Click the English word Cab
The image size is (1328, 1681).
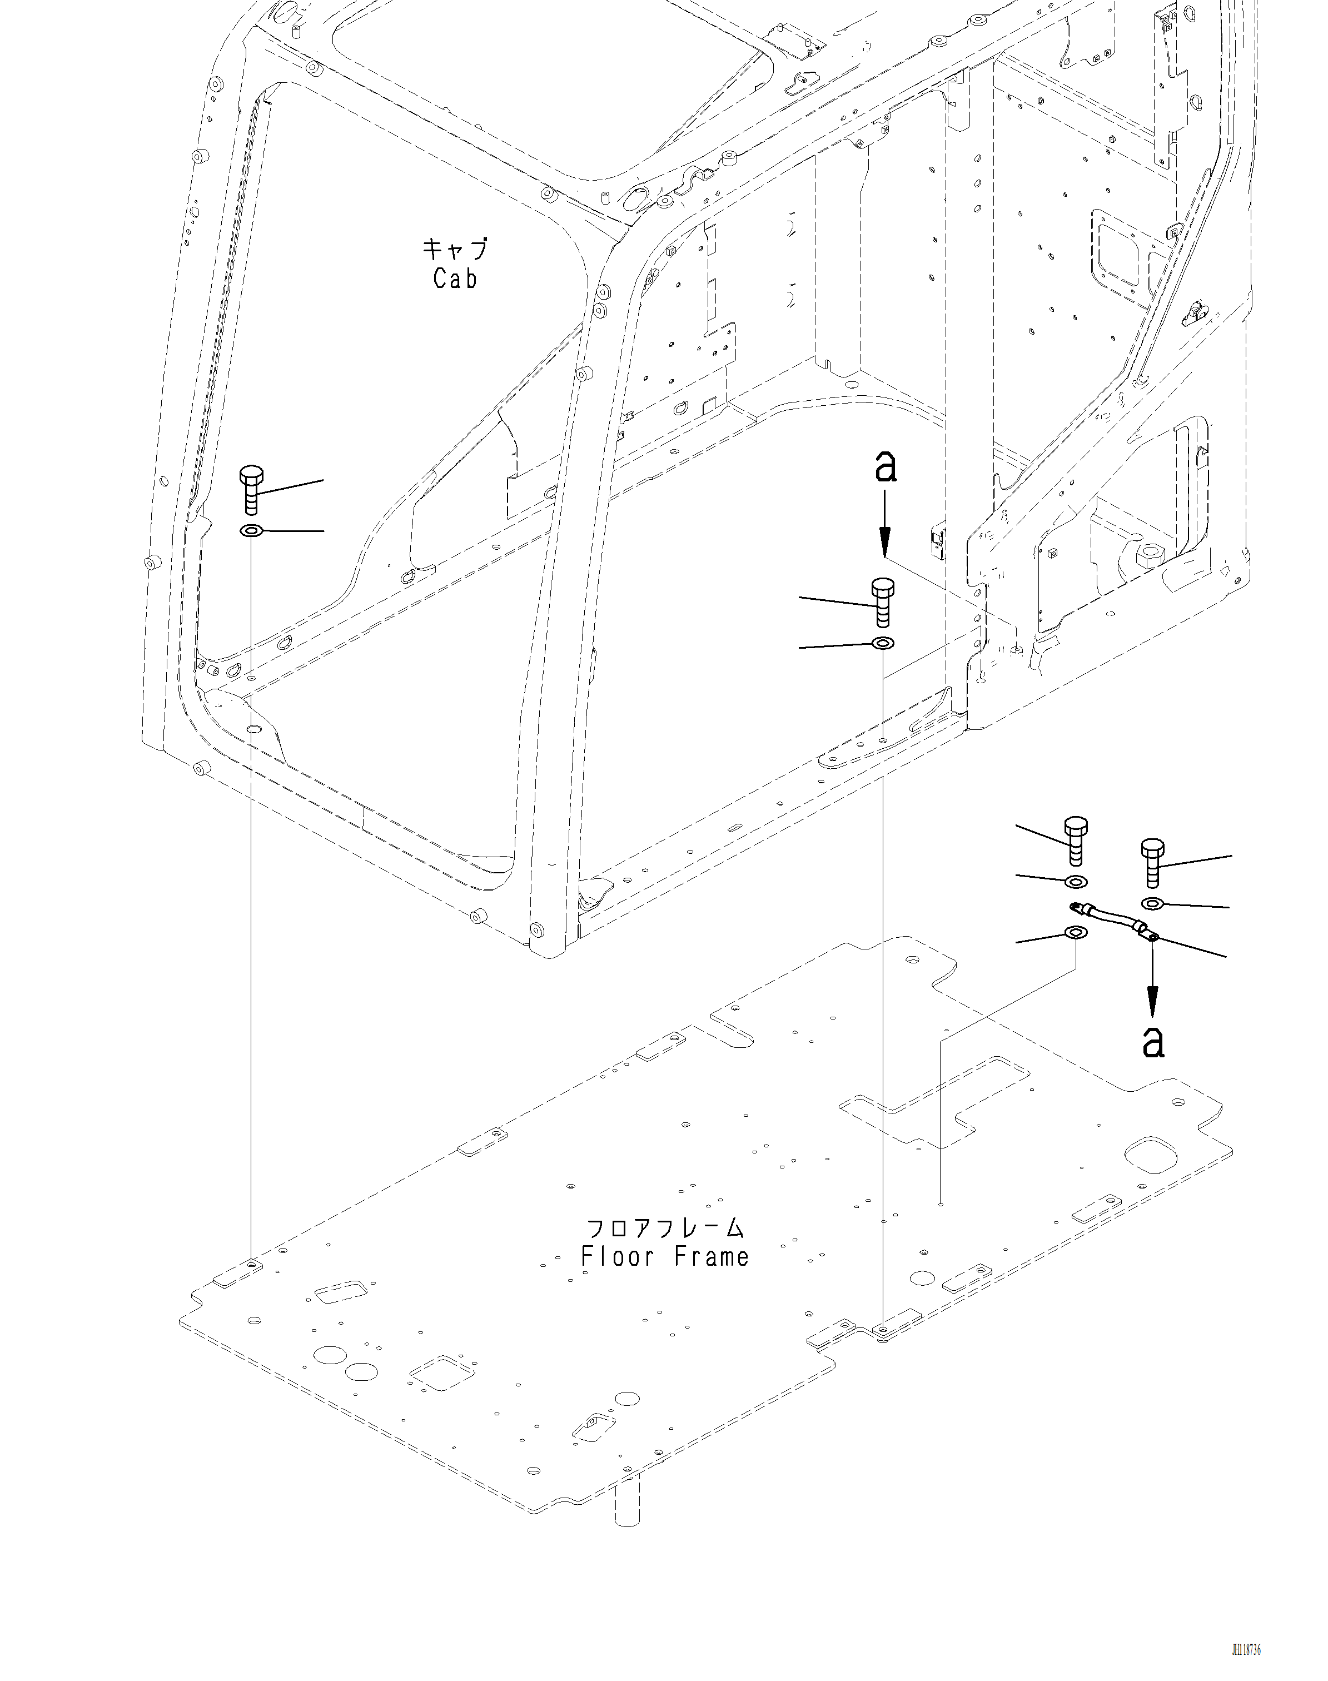(455, 279)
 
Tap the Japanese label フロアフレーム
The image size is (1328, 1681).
(665, 1229)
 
